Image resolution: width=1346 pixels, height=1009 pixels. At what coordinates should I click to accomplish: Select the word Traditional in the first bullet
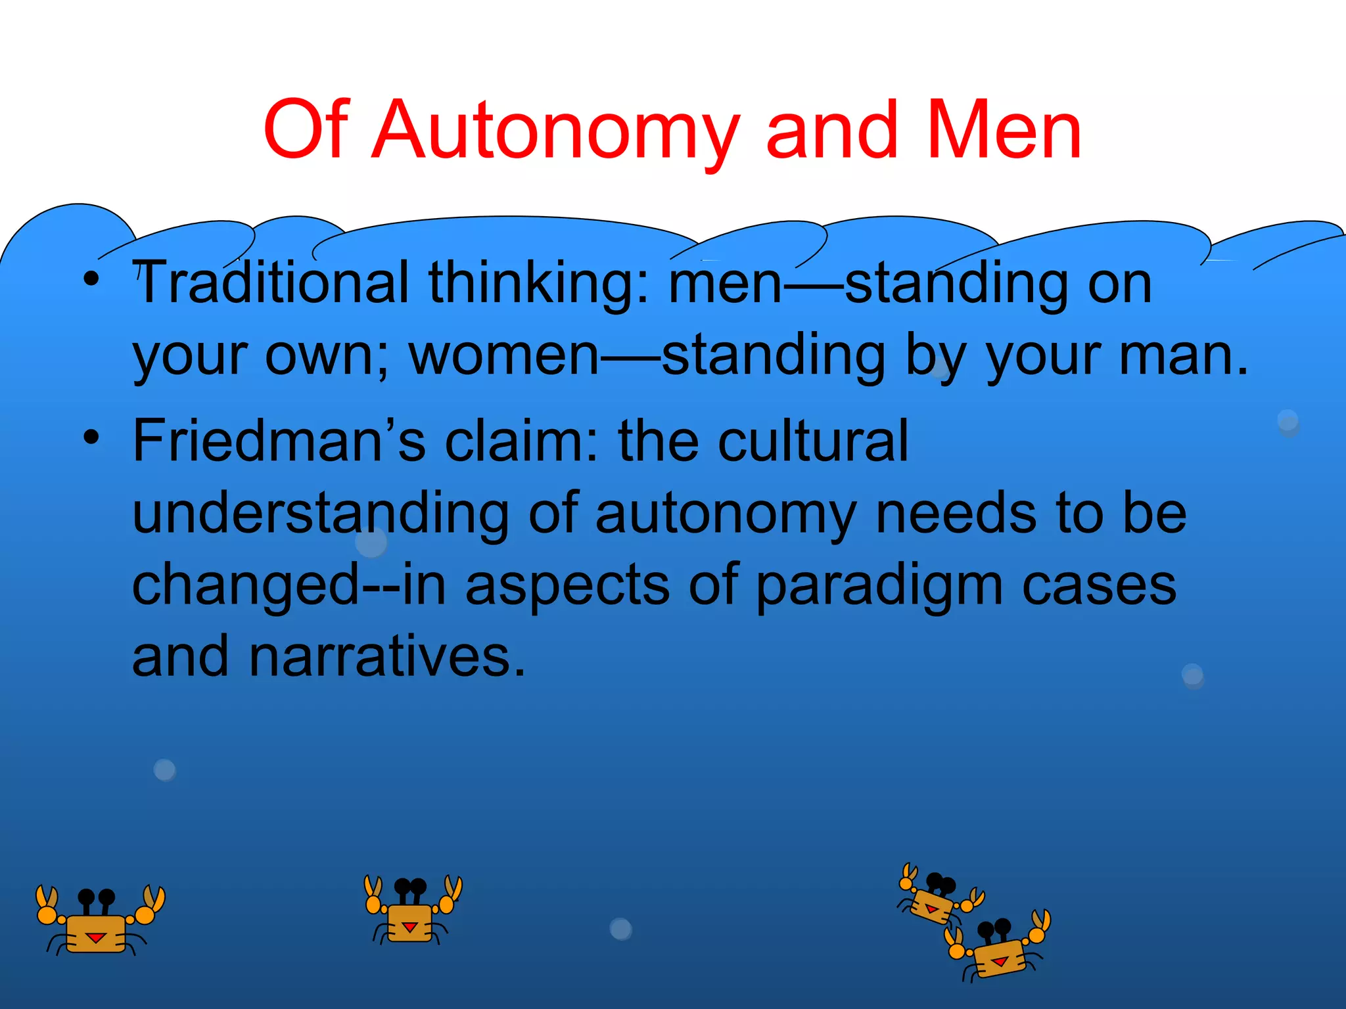tap(271, 282)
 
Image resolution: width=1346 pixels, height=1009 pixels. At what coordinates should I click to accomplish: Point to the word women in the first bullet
tap(503, 355)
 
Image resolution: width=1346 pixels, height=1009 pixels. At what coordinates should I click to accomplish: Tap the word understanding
tap(321, 514)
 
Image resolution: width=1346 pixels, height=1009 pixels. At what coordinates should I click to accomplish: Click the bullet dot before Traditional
tap(91, 279)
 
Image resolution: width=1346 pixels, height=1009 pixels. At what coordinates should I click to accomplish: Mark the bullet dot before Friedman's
tap(91, 436)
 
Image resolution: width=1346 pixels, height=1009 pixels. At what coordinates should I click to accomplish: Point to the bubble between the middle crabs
tap(620, 929)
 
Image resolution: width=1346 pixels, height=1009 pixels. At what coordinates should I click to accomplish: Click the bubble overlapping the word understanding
tap(371, 543)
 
